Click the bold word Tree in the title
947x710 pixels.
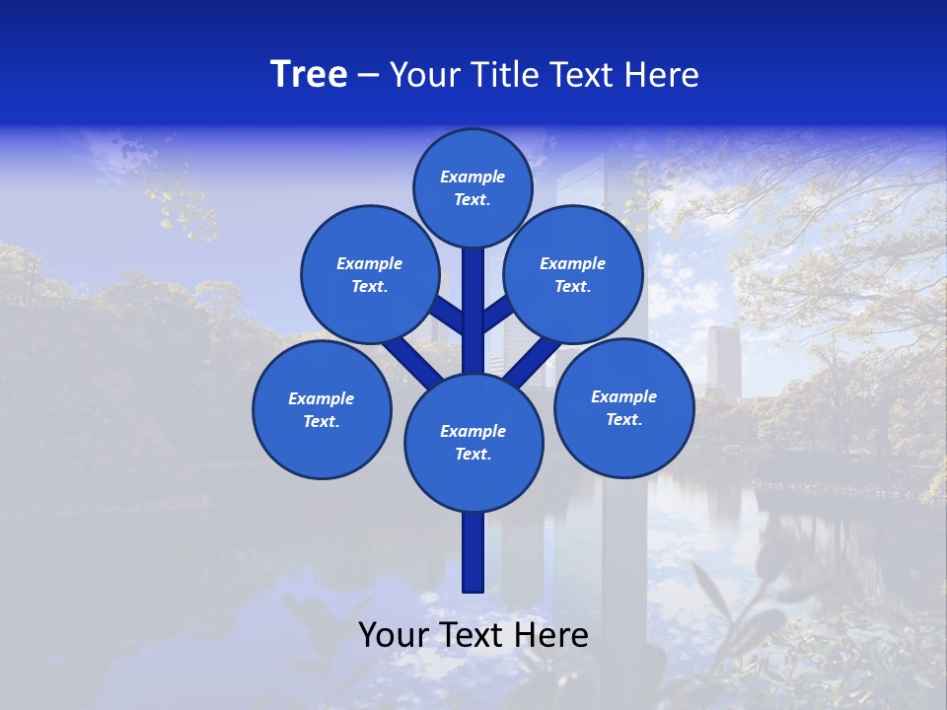tap(309, 75)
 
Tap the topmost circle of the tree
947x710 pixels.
tap(473, 187)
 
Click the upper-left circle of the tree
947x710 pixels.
tap(370, 274)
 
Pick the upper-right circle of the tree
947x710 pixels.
tap(573, 274)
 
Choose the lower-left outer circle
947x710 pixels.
tap(322, 409)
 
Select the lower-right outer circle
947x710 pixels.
tap(623, 407)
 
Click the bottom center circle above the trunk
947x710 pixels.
tap(473, 442)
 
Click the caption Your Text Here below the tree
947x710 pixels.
tap(473, 635)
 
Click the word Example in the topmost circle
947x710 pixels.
tap(473, 177)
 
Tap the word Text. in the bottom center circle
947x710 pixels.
tap(473, 454)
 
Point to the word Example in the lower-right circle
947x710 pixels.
tap(623, 396)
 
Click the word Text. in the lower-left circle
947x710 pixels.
tap(321, 421)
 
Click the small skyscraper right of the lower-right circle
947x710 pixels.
tap(723, 360)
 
